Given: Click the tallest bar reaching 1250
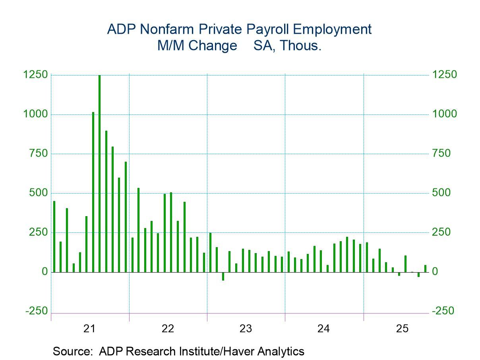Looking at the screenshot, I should pos(99,173).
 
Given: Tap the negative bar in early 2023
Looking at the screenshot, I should pos(223,276).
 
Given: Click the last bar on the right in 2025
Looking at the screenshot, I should pos(425,269).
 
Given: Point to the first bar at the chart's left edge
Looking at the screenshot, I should pos(54,236).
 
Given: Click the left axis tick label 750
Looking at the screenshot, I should pos(36,154).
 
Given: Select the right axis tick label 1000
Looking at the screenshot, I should pos(444,114).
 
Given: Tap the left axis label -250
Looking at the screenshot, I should pos(36,311).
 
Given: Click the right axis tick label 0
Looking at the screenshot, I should pos(436,272).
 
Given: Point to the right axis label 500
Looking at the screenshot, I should pos(442,193).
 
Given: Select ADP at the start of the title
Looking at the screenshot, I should pos(118,29).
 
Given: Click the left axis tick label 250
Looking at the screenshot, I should pos(36,232).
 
